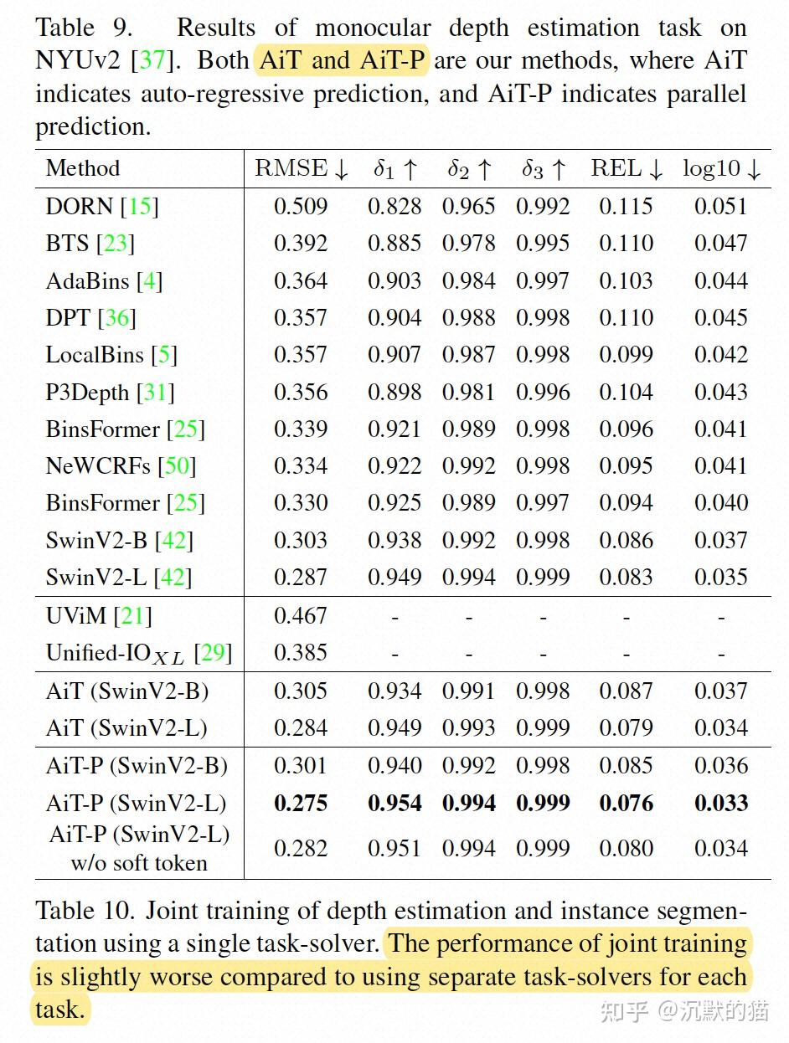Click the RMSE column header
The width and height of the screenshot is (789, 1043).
click(x=301, y=168)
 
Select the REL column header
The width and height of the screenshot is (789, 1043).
click(x=627, y=168)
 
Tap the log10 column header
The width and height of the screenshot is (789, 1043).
click(x=721, y=168)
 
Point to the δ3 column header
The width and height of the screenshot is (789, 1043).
click(x=544, y=169)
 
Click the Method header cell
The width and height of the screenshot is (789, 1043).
click(x=83, y=168)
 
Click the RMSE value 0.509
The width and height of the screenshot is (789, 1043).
click(x=301, y=207)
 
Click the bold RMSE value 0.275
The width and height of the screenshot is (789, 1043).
click(x=301, y=803)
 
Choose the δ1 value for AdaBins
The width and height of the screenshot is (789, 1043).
click(x=394, y=280)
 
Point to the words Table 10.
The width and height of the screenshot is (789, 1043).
click(x=81, y=911)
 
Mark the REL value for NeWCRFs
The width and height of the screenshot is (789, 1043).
click(x=626, y=465)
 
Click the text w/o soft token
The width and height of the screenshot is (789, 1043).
click(x=139, y=862)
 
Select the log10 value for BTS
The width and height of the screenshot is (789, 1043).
click(x=720, y=244)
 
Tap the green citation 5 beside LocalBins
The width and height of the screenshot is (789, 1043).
click(x=164, y=355)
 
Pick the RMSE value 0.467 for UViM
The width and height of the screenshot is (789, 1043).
click(x=301, y=616)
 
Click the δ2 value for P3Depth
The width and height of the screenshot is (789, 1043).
click(x=469, y=392)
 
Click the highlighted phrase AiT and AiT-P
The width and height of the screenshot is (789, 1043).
click(x=343, y=60)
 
